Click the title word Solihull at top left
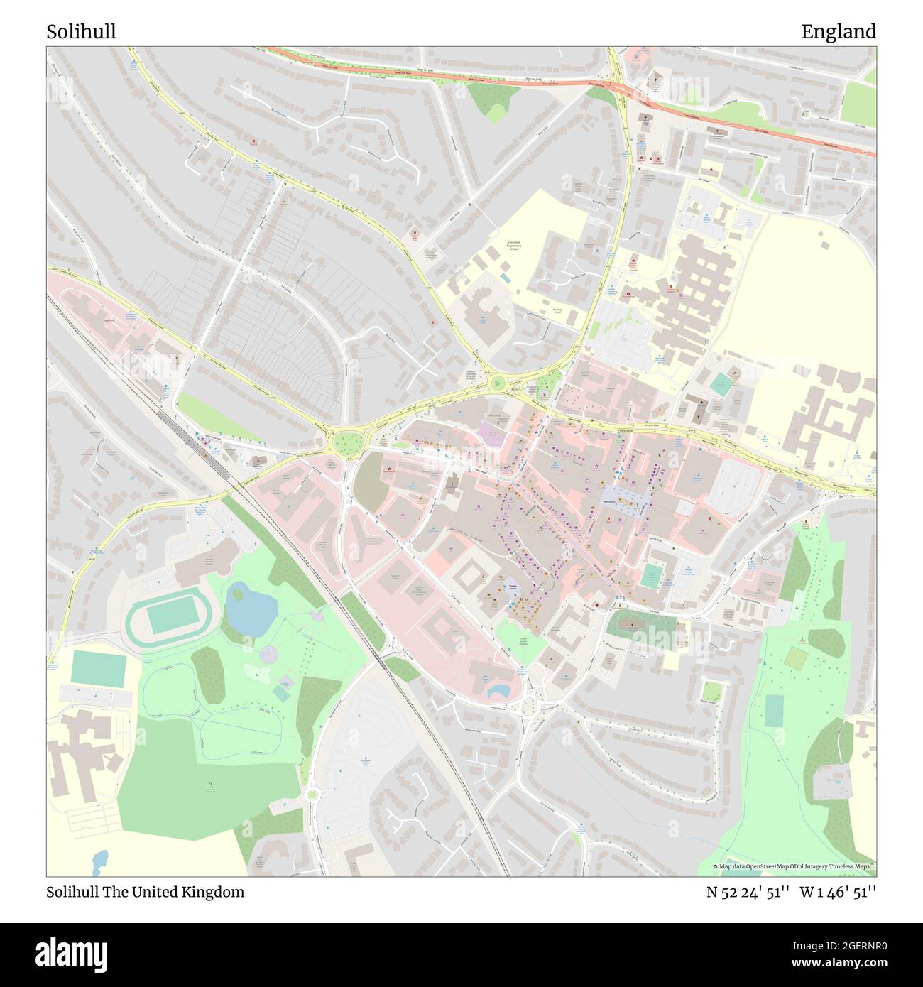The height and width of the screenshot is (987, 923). [x=82, y=32]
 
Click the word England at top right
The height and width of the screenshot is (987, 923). [x=839, y=32]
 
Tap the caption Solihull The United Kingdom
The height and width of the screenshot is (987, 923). [x=146, y=892]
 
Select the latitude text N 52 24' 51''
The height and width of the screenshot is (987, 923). [x=748, y=892]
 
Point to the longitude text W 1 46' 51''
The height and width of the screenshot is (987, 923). [x=838, y=892]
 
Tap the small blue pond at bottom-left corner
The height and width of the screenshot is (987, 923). [x=100, y=861]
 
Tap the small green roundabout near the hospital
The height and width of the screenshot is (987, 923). [x=498, y=383]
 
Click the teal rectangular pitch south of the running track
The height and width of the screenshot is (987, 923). [x=99, y=669]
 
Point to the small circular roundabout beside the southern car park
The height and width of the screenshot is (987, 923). [x=312, y=794]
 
